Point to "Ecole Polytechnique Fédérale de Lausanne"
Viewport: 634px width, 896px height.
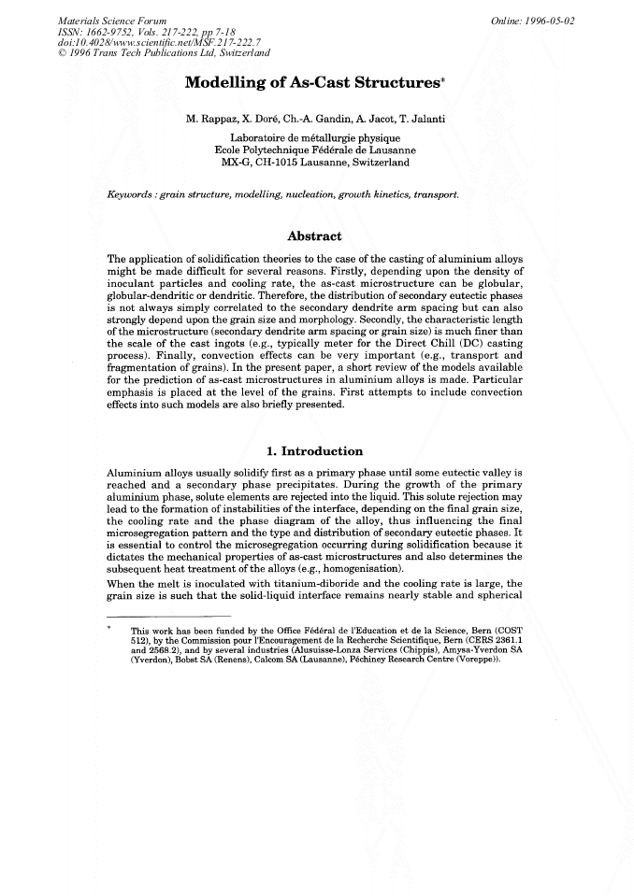[315, 149]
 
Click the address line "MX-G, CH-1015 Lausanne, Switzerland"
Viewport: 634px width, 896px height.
[315, 163]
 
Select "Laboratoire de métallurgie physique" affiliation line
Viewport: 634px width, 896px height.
[315, 137]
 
